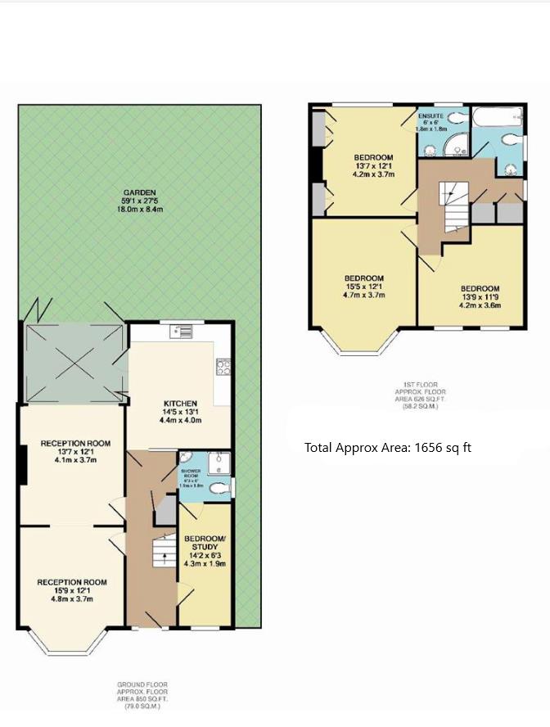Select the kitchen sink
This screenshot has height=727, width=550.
pos(182,332)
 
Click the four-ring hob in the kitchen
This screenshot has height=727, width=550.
pos(223,366)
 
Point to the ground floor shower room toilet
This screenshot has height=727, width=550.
pos(219,489)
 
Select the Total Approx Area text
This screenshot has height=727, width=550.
pos(387,448)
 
